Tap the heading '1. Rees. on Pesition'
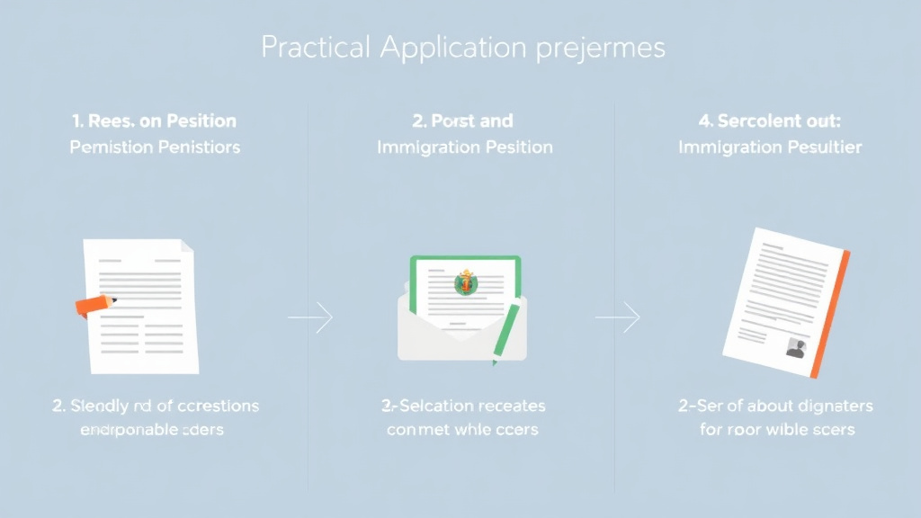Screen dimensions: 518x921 pos(154,121)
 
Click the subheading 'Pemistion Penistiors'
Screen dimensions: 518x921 pos(154,147)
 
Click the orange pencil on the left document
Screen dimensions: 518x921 pos(94,305)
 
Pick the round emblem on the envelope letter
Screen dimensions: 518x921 pos(465,283)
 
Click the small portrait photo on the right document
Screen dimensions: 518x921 pos(794,348)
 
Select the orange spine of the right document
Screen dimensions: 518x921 pos(830,315)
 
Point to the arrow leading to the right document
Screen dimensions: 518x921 pos(618,317)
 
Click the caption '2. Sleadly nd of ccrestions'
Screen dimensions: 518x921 pos(154,406)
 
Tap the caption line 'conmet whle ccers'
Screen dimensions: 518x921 pos(462,430)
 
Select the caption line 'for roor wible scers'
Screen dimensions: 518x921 pos(776,430)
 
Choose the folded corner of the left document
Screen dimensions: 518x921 pos(186,246)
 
